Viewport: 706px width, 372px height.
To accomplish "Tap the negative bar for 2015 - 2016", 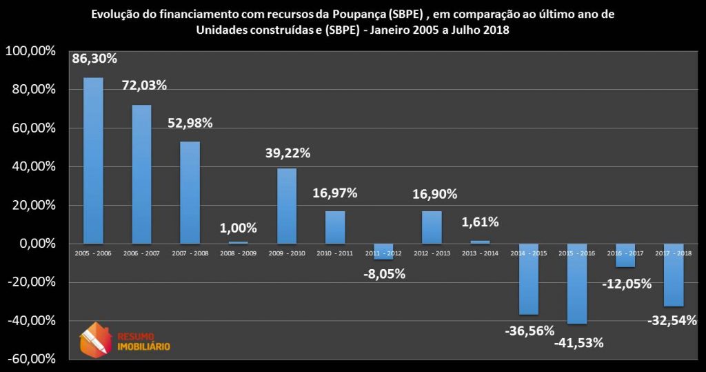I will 577,284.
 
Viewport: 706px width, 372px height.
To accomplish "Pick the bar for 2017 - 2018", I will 674,275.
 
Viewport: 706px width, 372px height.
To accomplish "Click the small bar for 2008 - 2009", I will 238,242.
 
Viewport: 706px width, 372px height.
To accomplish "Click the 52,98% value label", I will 190,123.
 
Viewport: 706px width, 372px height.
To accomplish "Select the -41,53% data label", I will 579,342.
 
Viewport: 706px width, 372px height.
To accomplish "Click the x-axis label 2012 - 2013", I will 432,253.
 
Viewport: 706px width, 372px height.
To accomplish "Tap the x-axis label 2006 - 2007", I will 142,253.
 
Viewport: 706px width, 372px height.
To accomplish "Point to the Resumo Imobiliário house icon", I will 95,339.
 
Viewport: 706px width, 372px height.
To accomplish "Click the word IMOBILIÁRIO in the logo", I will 144,346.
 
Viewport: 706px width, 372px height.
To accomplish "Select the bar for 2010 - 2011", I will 335,227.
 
